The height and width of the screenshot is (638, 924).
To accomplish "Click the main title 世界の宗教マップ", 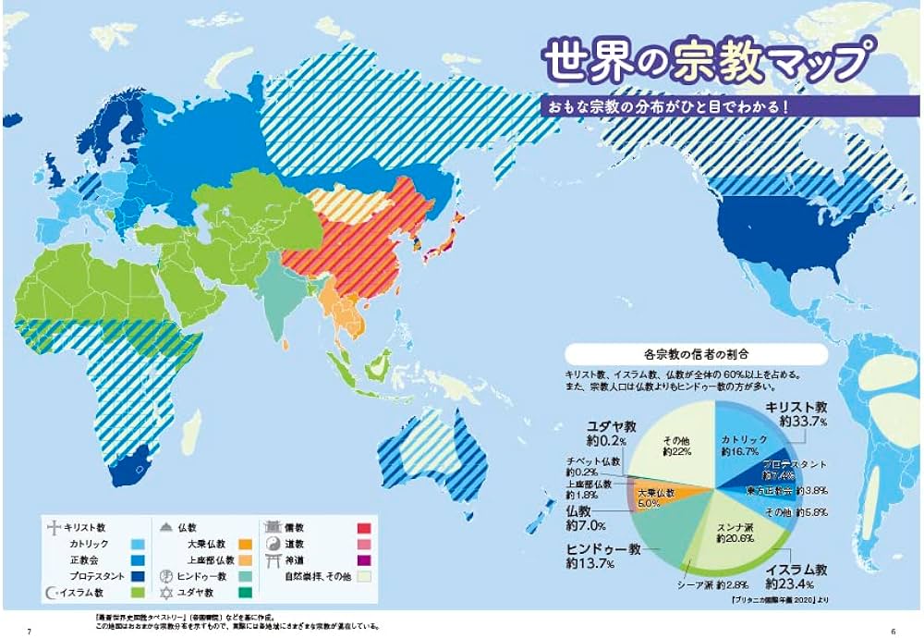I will coord(705,62).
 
